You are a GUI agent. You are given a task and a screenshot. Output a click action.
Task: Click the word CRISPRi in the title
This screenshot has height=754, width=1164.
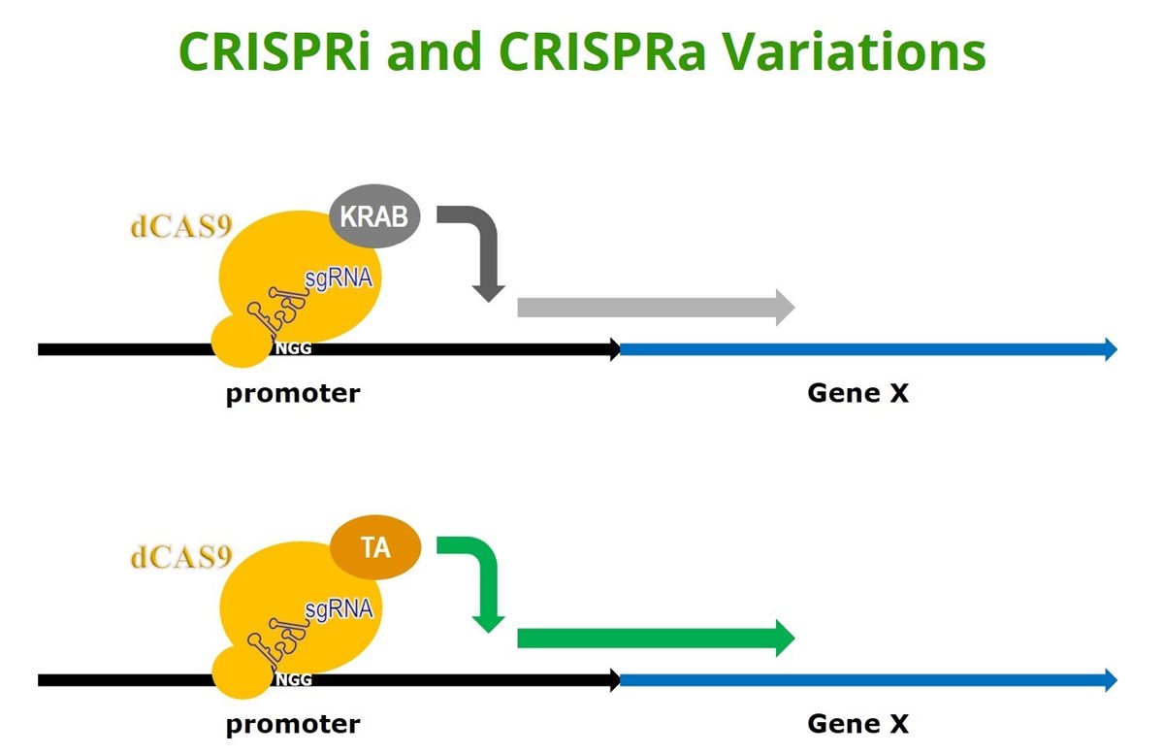click(x=275, y=52)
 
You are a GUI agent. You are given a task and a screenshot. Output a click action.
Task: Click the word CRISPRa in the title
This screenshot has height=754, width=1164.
click(x=602, y=52)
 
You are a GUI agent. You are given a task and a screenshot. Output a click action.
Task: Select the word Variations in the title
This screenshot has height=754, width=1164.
click(x=855, y=52)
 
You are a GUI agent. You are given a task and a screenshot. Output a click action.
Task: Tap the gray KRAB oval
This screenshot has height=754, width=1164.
click(x=374, y=215)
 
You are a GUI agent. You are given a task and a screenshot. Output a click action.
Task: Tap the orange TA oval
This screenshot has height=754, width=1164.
click(x=375, y=547)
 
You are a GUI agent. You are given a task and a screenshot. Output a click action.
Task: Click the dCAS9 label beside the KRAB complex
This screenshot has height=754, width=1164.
click(x=180, y=227)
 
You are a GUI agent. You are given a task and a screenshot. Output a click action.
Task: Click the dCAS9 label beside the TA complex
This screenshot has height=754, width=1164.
click(x=180, y=557)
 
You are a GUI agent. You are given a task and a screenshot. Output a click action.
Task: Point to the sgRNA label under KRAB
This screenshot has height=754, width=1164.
click(x=339, y=279)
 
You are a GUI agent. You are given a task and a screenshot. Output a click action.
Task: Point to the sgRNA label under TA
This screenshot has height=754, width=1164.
click(x=339, y=609)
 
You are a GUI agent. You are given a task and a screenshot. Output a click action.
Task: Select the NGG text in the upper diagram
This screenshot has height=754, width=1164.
click(x=293, y=348)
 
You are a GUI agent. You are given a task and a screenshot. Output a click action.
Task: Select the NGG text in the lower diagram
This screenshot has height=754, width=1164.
click(x=294, y=679)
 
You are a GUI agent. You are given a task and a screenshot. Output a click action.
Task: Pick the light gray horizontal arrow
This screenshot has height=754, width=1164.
click(x=656, y=308)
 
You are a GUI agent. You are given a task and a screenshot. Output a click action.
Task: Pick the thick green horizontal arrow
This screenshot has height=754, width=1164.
click(x=656, y=639)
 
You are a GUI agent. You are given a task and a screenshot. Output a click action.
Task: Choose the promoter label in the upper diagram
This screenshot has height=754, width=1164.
click(x=293, y=394)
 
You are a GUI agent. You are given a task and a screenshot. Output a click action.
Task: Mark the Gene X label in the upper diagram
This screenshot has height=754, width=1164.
click(x=857, y=393)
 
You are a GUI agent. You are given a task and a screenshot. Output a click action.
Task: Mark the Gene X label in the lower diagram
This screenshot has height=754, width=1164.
click(x=857, y=724)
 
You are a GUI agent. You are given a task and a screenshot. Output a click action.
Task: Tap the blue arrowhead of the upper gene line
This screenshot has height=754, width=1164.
click(x=1111, y=349)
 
